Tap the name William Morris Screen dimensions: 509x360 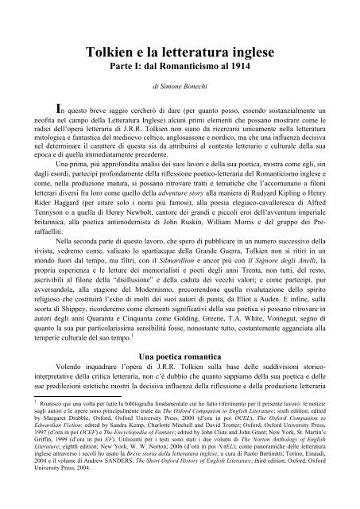click(255, 234)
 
